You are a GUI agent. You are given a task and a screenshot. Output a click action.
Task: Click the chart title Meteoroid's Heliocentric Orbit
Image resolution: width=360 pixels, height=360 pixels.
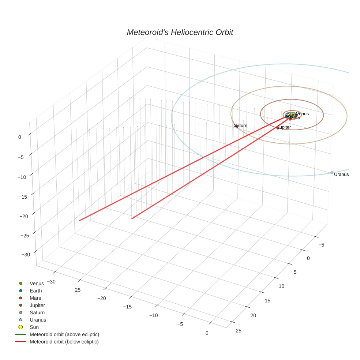[x=180, y=33]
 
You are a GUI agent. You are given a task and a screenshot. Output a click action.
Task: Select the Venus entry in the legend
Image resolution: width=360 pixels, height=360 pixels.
[x=37, y=283]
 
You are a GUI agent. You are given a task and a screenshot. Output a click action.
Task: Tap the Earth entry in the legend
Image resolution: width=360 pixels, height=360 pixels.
[x=35, y=290]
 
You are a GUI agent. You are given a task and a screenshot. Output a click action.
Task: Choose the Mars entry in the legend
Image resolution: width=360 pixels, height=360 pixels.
[x=35, y=298]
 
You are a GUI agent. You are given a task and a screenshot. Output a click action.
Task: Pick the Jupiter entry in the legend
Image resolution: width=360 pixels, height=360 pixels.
[x=37, y=305]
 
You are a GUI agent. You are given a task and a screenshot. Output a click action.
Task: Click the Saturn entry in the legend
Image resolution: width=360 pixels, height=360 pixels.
[x=37, y=312]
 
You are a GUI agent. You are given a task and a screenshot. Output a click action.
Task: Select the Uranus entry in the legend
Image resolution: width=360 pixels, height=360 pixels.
[x=38, y=320]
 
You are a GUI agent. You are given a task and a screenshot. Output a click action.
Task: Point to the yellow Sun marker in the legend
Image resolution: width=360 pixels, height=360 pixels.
[x=21, y=327]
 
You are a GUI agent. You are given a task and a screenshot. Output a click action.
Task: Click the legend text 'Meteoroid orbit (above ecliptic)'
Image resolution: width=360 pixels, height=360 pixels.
[x=64, y=334]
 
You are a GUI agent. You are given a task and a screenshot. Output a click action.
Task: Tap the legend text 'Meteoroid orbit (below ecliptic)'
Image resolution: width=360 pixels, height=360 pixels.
[x=64, y=342]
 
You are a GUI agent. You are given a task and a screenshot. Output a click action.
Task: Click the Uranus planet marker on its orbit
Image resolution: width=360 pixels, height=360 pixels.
[x=332, y=173]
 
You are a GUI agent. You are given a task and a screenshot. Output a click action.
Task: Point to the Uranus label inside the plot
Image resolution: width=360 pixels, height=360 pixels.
[x=341, y=175]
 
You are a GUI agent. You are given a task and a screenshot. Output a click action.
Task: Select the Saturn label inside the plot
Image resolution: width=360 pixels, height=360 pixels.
[x=241, y=125]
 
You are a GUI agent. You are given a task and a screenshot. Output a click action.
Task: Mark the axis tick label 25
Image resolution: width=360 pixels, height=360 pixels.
[x=239, y=331]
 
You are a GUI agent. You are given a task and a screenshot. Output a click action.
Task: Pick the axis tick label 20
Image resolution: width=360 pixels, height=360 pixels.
[x=254, y=315]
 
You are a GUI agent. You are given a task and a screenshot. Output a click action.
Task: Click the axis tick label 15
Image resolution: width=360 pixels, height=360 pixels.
[x=267, y=300]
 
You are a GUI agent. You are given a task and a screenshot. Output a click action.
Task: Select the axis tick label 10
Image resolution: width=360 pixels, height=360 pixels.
[x=281, y=286]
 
